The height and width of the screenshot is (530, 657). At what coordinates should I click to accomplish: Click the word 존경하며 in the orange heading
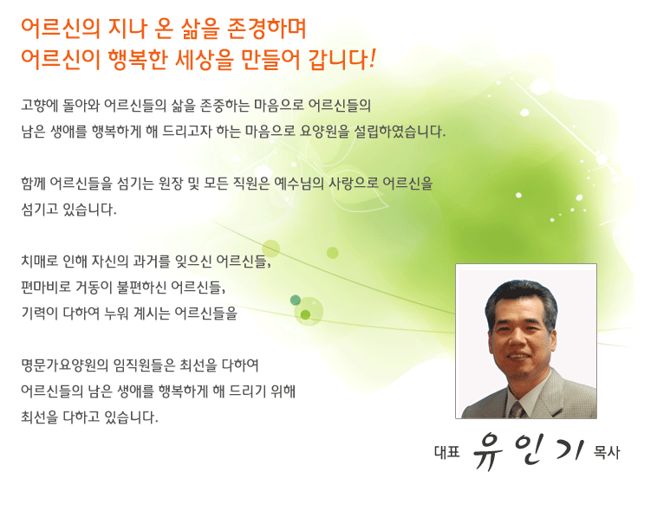(x=266, y=29)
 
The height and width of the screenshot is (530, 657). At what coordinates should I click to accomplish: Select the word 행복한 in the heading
(x=136, y=60)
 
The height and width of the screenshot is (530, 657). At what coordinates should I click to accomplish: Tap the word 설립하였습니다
(x=400, y=132)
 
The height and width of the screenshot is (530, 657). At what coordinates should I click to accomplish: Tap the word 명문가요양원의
(x=64, y=365)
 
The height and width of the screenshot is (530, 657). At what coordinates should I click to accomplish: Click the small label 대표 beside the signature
(x=447, y=452)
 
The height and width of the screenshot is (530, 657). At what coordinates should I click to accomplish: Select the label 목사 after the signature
(x=607, y=452)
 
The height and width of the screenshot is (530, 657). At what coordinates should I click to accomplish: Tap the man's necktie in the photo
(x=517, y=410)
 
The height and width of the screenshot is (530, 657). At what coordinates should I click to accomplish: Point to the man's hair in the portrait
(x=522, y=298)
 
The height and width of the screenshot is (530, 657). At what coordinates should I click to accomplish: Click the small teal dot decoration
(x=296, y=300)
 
